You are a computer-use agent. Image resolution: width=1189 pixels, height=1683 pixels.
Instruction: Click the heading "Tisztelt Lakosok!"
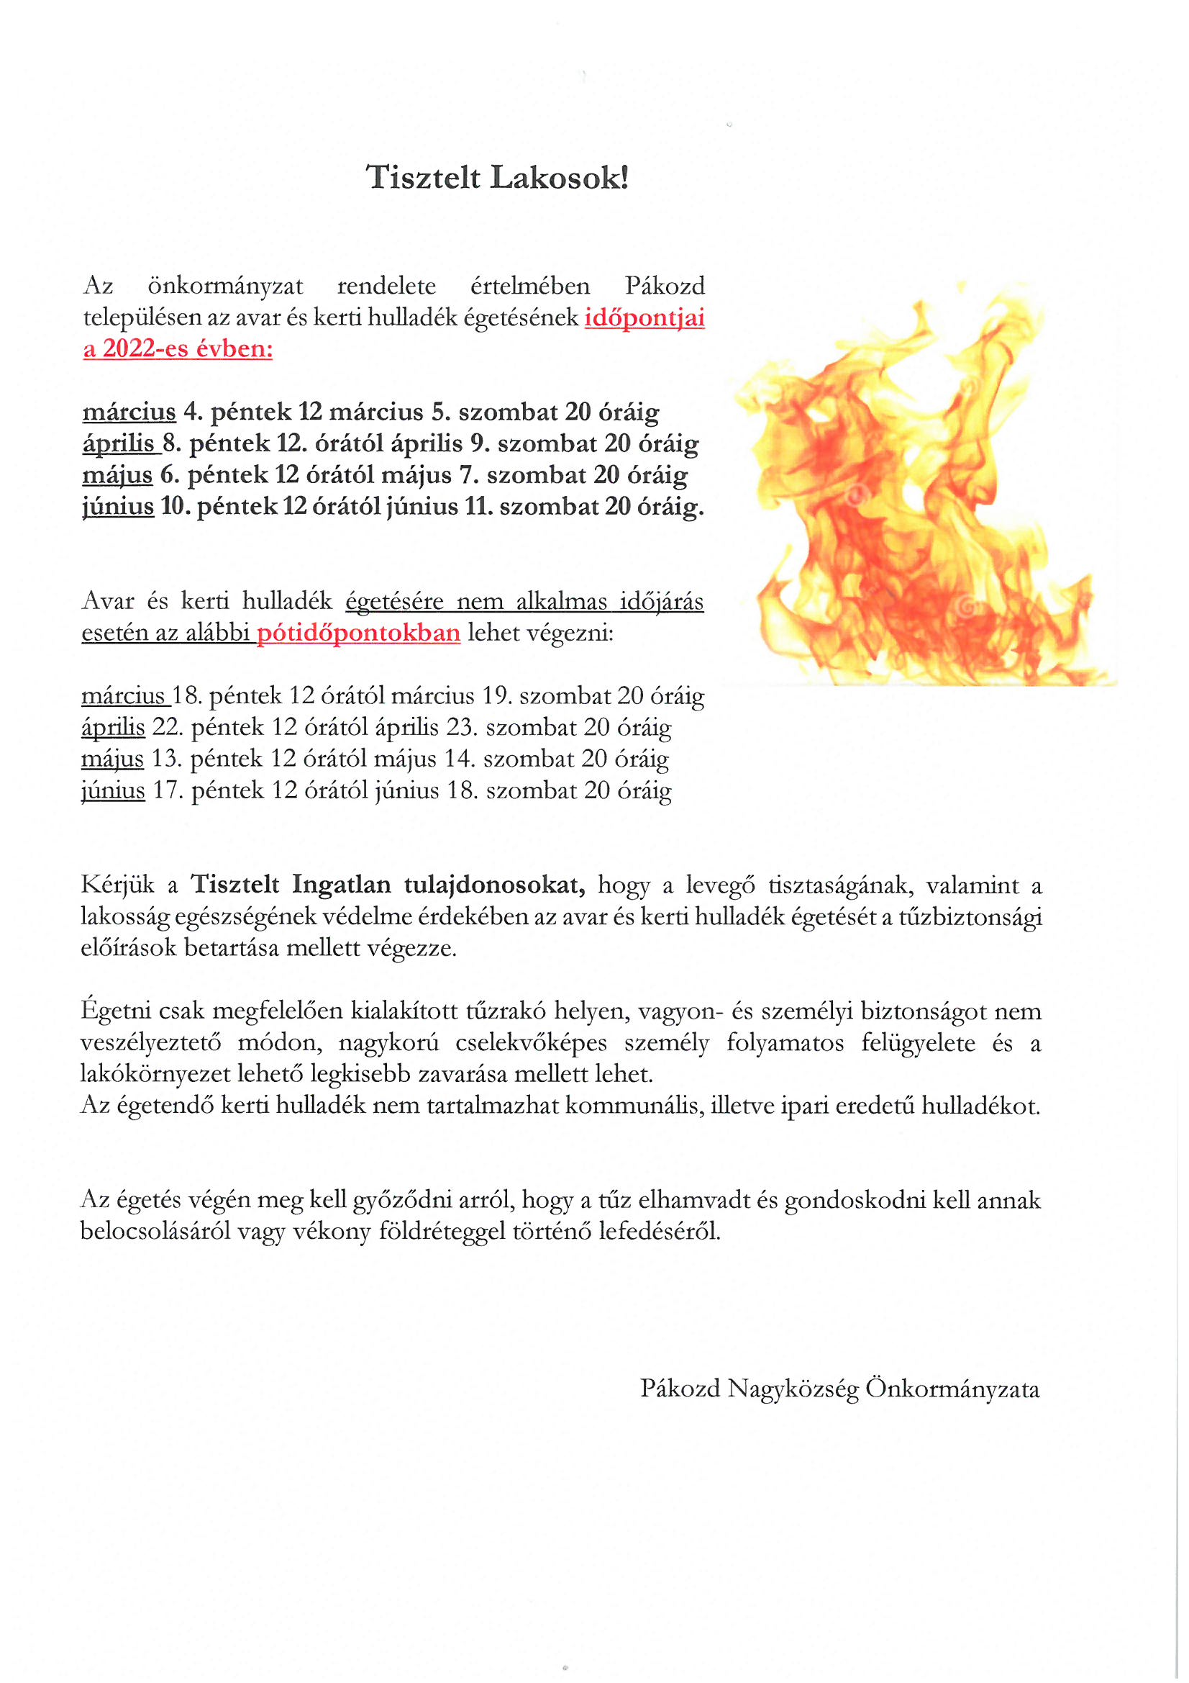click(x=498, y=178)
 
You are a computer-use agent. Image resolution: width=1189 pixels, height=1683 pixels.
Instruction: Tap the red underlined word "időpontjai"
click(x=644, y=317)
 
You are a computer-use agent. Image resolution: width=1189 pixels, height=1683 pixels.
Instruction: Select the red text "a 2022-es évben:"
click(x=177, y=348)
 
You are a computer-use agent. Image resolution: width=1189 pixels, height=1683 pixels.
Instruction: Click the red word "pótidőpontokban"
click(x=358, y=633)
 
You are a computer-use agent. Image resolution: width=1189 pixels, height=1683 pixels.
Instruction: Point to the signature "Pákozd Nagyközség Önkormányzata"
click(x=839, y=1389)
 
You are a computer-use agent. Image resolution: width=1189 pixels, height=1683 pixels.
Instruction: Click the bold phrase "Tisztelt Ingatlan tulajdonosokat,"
click(x=388, y=885)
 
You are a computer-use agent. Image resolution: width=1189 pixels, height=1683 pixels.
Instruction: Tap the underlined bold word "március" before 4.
click(x=129, y=412)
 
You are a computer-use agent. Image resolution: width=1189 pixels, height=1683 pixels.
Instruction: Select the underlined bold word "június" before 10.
click(x=118, y=507)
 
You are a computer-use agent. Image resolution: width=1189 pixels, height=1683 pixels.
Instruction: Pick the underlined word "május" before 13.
click(x=112, y=759)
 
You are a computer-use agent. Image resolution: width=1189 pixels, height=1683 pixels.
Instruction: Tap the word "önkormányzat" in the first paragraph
click(x=226, y=286)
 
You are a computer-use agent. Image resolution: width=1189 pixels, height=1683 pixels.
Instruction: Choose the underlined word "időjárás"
click(x=662, y=601)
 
